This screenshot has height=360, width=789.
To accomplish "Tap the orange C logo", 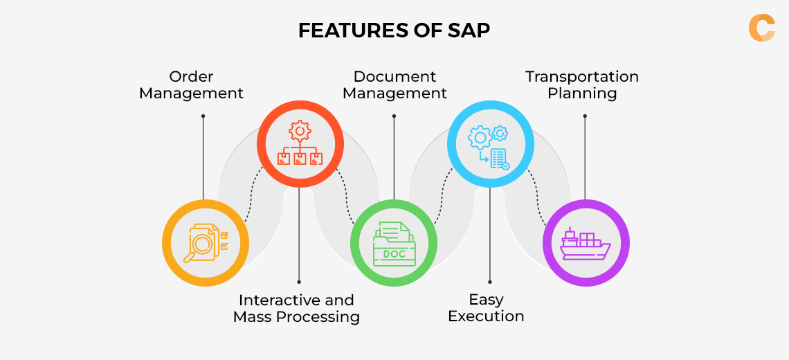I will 761,28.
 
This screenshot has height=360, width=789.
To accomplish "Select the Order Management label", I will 191,84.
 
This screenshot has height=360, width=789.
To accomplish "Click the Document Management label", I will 394,84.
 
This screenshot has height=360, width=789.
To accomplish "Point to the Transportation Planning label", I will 581,84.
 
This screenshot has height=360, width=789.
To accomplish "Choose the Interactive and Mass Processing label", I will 296,309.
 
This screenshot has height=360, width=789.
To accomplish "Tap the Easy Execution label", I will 486,308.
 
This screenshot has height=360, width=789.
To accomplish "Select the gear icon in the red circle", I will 300,130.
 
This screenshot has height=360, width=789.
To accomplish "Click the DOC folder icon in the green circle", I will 394,244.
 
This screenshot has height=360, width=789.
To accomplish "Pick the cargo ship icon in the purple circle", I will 586,244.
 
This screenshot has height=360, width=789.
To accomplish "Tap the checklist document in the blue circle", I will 499,159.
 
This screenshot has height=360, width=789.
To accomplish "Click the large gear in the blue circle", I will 479,138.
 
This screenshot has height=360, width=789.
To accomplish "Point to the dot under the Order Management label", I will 203,116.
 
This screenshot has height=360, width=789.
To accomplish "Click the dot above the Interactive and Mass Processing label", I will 299,282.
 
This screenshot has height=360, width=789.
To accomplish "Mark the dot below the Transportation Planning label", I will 585,116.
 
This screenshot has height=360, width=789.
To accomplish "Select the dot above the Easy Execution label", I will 489,282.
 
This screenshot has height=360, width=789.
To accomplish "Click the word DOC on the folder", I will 394,254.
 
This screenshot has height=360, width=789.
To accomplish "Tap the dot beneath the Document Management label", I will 394,116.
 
